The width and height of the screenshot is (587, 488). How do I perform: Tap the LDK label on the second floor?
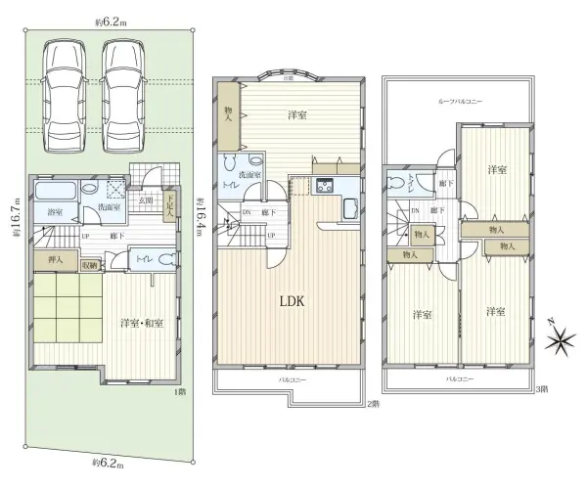(x=291, y=301)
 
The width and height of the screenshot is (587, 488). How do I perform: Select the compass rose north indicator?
(x=561, y=339)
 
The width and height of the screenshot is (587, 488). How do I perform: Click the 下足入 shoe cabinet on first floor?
(x=169, y=203)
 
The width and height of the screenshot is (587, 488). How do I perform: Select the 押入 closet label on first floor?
(x=55, y=259)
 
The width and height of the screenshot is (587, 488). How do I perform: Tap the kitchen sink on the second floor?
(x=350, y=207)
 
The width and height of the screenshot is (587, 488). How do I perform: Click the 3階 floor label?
(x=541, y=389)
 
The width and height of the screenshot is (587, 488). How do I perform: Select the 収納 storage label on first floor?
(x=89, y=264)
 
